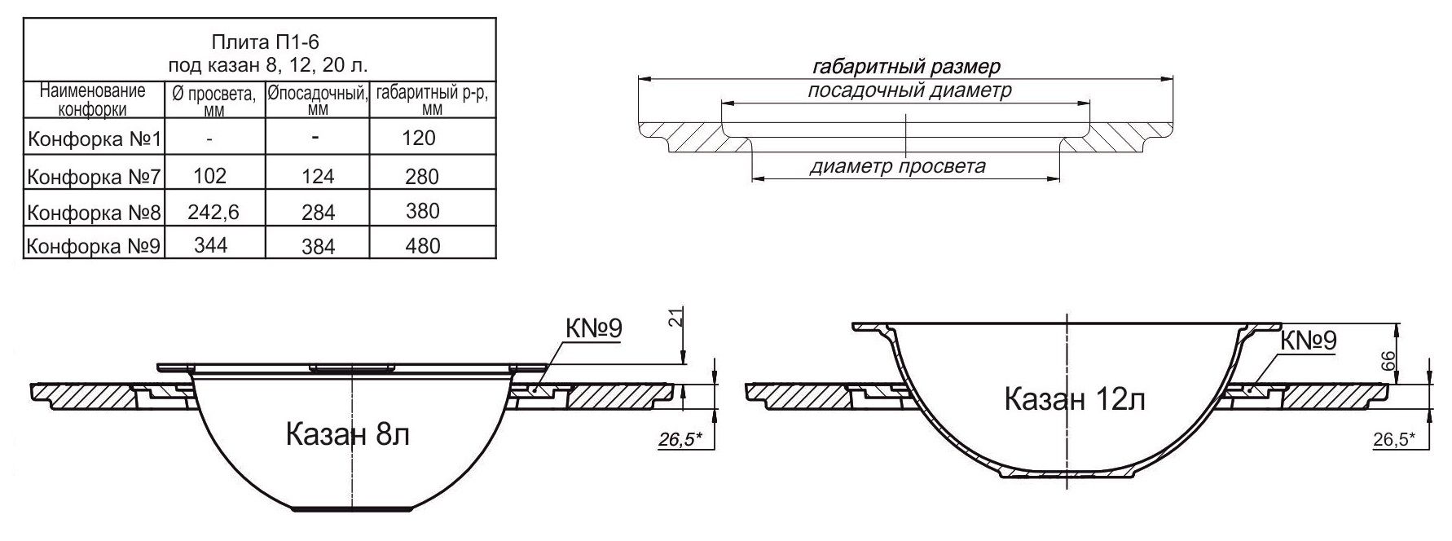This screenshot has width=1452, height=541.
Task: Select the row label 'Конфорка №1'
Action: click(95, 139)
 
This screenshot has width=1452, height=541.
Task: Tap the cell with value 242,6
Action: click(213, 212)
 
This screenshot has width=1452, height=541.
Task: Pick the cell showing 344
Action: click(211, 245)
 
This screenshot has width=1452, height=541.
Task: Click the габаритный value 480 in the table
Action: click(421, 245)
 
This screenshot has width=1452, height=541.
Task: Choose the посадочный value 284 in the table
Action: click(318, 213)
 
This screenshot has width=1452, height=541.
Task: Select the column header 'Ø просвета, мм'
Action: click(214, 100)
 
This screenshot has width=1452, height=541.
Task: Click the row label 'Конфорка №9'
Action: click(95, 246)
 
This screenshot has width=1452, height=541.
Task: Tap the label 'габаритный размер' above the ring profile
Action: click(906, 66)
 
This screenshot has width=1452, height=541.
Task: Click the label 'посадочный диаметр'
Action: click(909, 90)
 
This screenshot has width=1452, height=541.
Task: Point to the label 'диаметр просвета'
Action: click(897, 167)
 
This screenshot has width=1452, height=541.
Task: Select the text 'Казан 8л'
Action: click(347, 434)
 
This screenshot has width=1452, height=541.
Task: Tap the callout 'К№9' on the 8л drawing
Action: click(593, 329)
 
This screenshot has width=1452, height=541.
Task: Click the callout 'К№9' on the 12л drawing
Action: click(1309, 341)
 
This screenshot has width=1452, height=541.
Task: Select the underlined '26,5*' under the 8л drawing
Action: click(681, 440)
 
